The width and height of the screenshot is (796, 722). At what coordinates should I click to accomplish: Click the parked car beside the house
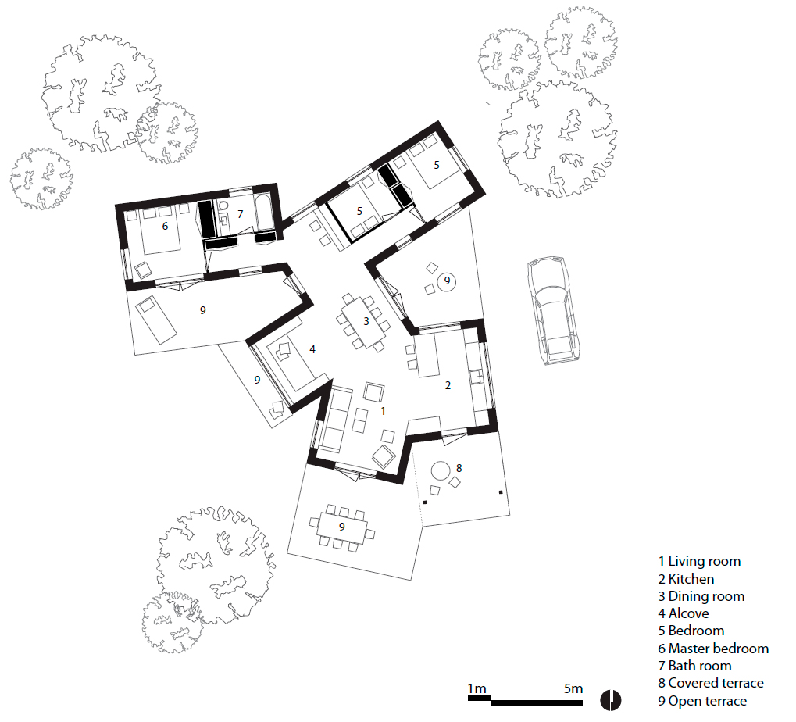pyautogui.click(x=554, y=310)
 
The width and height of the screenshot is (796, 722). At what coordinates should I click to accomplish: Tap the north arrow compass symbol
pyautogui.click(x=611, y=701)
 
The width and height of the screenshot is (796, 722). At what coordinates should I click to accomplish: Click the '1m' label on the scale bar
pyautogui.click(x=477, y=688)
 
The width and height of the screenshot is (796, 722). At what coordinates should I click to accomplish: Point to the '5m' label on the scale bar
pyautogui.click(x=573, y=688)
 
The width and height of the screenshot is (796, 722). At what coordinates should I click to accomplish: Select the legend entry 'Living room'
pyautogui.click(x=699, y=561)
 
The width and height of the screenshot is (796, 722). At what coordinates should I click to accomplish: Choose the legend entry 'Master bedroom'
pyautogui.click(x=713, y=649)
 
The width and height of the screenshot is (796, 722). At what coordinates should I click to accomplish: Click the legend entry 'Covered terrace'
pyautogui.click(x=711, y=683)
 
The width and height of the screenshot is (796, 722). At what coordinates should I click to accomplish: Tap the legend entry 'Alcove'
pyautogui.click(x=684, y=613)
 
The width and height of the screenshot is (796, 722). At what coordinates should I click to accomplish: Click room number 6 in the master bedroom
pyautogui.click(x=165, y=226)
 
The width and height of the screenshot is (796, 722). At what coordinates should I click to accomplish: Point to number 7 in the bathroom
pyautogui.click(x=240, y=214)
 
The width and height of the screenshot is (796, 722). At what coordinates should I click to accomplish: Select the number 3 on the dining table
pyautogui.click(x=366, y=321)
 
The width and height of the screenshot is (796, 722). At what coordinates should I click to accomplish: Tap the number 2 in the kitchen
pyautogui.click(x=448, y=385)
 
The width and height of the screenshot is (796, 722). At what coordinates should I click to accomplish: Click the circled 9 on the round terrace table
pyautogui.click(x=447, y=281)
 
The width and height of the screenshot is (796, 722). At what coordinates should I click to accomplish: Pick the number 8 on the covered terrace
pyautogui.click(x=459, y=468)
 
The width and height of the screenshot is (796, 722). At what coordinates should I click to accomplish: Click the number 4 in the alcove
pyautogui.click(x=312, y=349)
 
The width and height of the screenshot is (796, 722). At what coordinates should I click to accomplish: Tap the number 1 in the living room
pyautogui.click(x=384, y=411)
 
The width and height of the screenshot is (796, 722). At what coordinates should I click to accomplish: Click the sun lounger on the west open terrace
pyautogui.click(x=156, y=320)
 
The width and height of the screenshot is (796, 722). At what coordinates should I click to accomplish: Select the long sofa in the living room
pyautogui.click(x=334, y=419)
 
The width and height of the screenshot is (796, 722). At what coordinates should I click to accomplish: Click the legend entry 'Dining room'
pyautogui.click(x=701, y=596)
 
